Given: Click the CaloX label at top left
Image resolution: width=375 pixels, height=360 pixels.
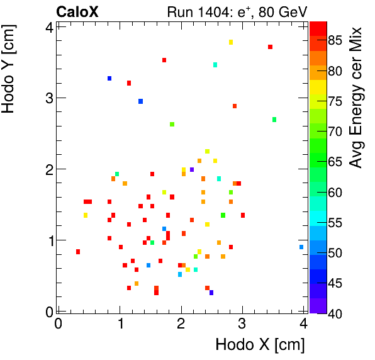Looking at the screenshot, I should click(77, 12).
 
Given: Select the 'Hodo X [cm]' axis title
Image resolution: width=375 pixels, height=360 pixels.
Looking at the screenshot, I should click(260, 345).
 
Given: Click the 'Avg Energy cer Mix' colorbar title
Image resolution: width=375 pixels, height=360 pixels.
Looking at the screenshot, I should click(356, 98).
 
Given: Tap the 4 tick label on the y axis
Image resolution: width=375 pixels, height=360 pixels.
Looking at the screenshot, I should click(48, 26).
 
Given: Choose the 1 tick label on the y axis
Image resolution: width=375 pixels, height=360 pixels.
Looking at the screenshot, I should click(48, 240).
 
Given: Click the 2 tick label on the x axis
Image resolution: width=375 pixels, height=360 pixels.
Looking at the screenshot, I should click(181, 324).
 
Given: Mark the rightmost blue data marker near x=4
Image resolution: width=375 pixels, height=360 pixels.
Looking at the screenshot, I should click(301, 247).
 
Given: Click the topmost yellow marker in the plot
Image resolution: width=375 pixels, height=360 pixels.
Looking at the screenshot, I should click(231, 42).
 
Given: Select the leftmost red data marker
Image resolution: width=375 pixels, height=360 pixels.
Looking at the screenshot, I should click(78, 252).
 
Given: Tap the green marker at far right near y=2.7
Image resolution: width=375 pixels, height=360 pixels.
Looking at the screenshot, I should click(274, 120).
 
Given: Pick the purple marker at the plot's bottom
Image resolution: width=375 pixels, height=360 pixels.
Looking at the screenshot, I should click(211, 293).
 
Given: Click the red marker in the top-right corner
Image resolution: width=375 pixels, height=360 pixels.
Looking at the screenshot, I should click(270, 47).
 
